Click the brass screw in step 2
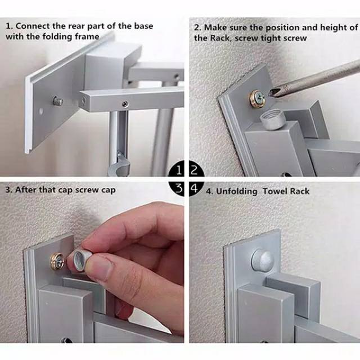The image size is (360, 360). (258, 99)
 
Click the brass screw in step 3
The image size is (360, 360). (57, 261)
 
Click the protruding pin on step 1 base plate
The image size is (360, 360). (58, 101)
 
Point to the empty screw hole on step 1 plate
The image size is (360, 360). (41, 111)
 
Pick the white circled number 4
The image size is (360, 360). (194, 188)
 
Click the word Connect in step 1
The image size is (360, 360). (33, 26)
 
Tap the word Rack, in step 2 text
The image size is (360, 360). (220, 38)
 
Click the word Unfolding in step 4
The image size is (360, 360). (236, 191)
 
